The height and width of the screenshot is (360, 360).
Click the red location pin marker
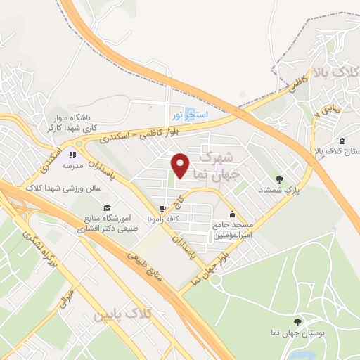pyautogui.click(x=180, y=165)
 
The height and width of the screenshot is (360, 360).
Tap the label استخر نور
pyautogui.click(x=186, y=112)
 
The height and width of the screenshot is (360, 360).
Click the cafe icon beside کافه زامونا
pyautogui.click(x=163, y=208)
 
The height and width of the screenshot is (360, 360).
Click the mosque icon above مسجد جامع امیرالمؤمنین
pyautogui.click(x=233, y=214)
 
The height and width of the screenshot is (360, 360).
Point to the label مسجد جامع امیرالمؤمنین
pyautogui.click(x=233, y=229)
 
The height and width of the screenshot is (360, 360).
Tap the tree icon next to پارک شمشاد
pyautogui.click(x=279, y=179)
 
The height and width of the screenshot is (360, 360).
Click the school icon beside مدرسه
pyautogui.click(x=72, y=154)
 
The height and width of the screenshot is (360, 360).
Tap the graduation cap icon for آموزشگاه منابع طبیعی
pyautogui.click(x=106, y=207)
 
